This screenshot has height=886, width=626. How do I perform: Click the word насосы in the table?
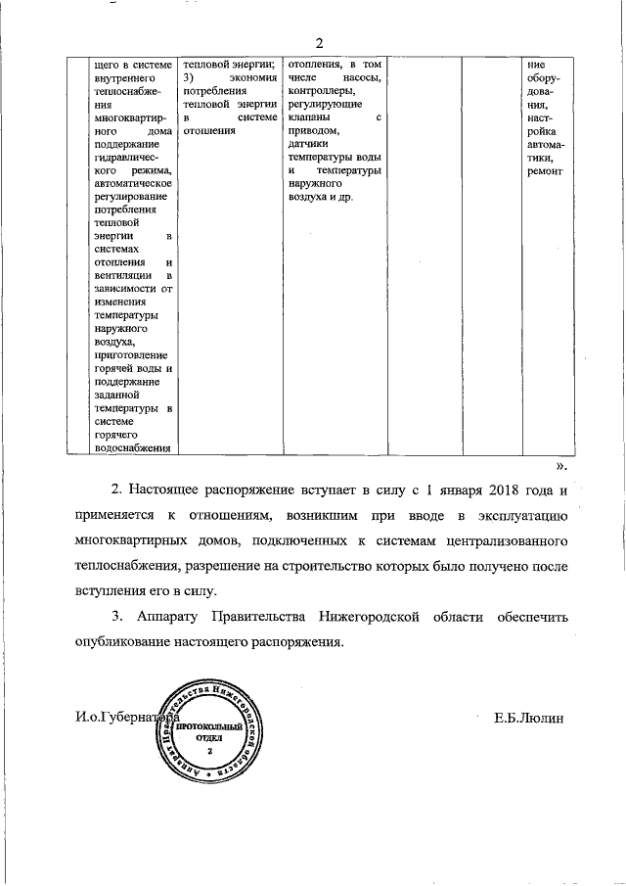point(361,77)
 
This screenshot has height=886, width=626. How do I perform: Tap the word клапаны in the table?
point(312,116)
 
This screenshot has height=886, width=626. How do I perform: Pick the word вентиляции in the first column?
point(115,276)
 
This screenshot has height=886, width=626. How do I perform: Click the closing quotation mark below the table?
point(560,466)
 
